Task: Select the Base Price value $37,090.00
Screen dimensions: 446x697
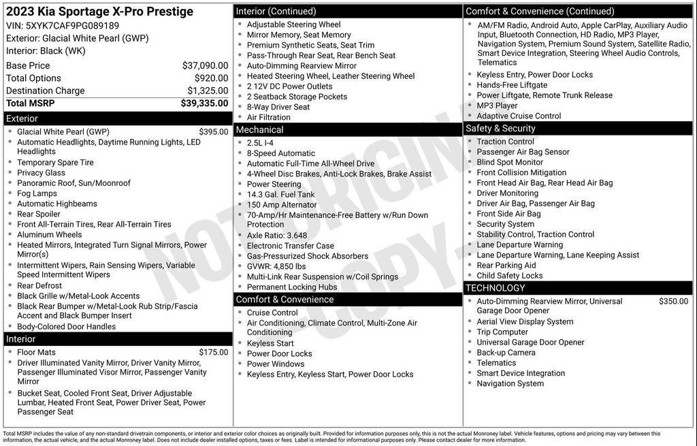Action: [205, 65]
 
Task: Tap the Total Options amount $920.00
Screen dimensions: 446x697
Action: [211, 78]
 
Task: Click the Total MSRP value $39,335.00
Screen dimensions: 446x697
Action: [204, 103]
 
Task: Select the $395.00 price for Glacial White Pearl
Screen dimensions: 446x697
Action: [214, 131]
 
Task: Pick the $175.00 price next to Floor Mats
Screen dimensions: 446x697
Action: [214, 352]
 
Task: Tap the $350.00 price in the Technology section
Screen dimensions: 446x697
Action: [673, 301]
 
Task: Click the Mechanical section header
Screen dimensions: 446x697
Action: [259, 129]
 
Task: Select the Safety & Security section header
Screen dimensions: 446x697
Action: [500, 128]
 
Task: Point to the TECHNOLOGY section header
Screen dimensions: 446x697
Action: [496, 287]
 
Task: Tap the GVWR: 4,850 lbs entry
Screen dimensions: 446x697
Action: [276, 266]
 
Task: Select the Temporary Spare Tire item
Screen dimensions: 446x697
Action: [55, 162]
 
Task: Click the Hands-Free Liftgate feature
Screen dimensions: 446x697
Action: [511, 85]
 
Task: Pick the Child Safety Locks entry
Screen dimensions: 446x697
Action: [509, 276]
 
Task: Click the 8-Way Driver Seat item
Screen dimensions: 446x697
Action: [278, 107]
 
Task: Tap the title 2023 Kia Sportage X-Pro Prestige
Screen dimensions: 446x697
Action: [99, 12]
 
